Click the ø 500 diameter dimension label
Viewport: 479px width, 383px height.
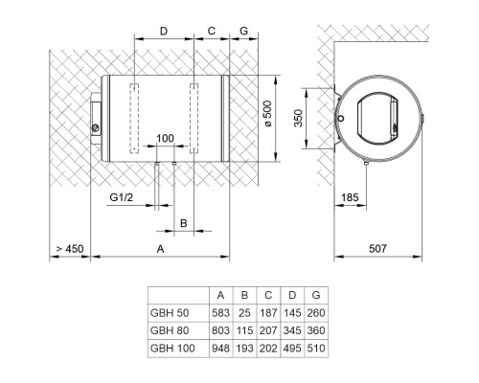pyautogui.click(x=268, y=114)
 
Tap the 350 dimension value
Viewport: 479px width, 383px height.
pyautogui.click(x=298, y=119)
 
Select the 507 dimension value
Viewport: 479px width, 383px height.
pyautogui.click(x=377, y=248)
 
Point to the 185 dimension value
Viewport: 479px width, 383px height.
pyautogui.click(x=350, y=197)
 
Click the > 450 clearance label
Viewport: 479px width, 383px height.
pyautogui.click(x=70, y=249)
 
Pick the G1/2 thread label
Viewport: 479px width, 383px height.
pyautogui.click(x=121, y=197)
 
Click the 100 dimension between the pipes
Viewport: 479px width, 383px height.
pyautogui.click(x=165, y=138)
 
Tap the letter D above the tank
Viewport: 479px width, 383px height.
pyautogui.click(x=164, y=32)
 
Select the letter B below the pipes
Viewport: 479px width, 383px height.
pyautogui.click(x=184, y=223)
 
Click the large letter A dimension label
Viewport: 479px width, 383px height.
pyautogui.click(x=160, y=249)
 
